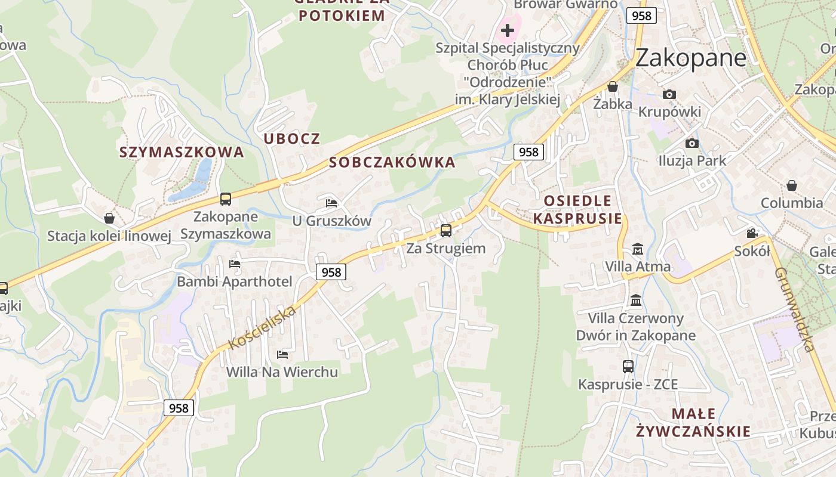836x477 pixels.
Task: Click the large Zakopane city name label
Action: [690, 58]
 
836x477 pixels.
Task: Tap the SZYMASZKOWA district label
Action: [182, 152]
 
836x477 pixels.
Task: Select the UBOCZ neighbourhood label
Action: [292, 139]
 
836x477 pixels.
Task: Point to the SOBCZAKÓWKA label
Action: [392, 162]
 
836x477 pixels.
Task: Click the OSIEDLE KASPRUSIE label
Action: [577, 209]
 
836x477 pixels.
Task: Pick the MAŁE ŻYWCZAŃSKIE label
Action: [693, 422]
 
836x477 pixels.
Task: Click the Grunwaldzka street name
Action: [795, 309]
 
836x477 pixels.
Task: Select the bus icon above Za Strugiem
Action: [446, 230]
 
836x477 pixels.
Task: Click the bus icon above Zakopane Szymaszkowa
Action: [225, 199]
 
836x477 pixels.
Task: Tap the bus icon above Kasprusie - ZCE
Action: [628, 366]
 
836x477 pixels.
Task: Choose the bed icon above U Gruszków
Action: [331, 203]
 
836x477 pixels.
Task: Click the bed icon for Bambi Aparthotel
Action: [235, 264]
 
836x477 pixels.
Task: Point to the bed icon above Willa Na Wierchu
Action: [282, 354]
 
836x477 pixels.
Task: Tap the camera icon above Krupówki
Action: [669, 94]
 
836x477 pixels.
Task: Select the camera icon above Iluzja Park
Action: [692, 143]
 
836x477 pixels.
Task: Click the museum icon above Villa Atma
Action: [637, 248]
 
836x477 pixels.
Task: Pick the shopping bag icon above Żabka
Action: [612, 86]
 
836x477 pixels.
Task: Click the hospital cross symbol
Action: [508, 30]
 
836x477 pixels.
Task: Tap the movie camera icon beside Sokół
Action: [752, 233]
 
